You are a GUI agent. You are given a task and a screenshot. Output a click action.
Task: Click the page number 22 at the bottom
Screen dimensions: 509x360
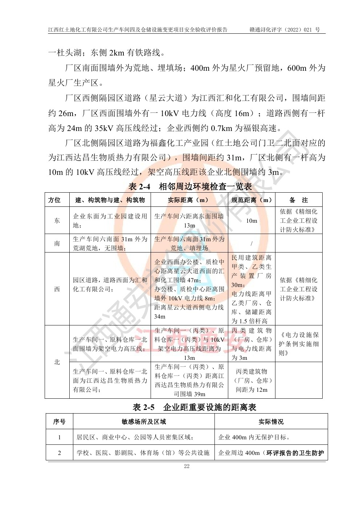click(187, 466)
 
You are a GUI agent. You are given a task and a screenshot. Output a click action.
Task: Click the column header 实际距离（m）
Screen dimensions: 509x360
click(189, 200)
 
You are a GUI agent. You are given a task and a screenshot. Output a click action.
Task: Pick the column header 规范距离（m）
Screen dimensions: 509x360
click(251, 200)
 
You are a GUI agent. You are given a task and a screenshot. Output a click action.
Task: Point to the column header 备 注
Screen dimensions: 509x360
click(299, 200)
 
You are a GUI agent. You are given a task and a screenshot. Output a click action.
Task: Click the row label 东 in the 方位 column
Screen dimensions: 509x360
click(57, 221)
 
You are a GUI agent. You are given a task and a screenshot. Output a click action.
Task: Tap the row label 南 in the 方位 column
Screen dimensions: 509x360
click(57, 243)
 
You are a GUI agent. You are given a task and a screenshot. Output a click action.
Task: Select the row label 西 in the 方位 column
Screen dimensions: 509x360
click(57, 289)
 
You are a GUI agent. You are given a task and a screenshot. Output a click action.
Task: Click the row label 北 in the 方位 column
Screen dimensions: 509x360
click(57, 362)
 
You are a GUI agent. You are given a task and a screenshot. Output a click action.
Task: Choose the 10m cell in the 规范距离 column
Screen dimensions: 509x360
click(251, 221)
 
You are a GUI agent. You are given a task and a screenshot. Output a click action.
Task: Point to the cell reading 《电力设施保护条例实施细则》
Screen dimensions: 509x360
click(299, 344)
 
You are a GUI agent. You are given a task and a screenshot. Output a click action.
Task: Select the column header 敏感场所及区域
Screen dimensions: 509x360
click(144, 422)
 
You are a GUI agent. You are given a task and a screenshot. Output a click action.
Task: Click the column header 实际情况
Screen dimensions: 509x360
click(271, 422)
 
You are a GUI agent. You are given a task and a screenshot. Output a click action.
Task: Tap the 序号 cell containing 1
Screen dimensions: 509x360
click(60, 437)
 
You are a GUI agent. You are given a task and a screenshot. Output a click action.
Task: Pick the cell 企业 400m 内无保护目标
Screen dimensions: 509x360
click(254, 437)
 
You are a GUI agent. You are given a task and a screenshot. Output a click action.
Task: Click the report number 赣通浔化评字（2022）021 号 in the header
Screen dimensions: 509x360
click(285, 30)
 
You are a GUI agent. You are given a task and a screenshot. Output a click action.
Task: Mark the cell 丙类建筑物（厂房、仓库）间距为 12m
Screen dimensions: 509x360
click(251, 381)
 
